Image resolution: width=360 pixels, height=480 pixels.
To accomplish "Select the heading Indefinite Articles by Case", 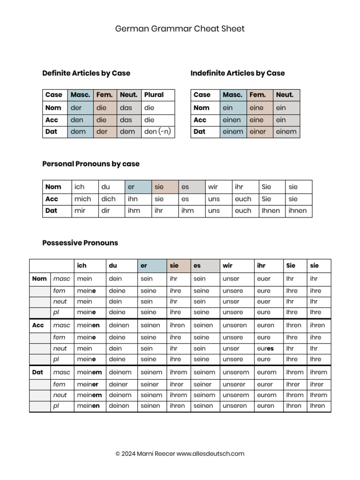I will click(x=237, y=73).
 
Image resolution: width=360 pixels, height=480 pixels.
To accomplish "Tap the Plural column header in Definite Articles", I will click(x=154, y=95).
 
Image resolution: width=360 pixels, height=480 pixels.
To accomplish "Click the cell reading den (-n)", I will click(x=157, y=132).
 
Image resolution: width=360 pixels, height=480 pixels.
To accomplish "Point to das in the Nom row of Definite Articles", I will click(x=126, y=108).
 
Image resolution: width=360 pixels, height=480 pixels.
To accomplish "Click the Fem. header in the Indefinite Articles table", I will click(x=257, y=95).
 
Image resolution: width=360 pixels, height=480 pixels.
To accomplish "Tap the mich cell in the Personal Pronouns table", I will click(x=82, y=199).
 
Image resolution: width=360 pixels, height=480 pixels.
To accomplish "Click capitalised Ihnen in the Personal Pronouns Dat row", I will click(x=270, y=211).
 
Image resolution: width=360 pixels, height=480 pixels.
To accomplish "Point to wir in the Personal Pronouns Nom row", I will click(x=213, y=187).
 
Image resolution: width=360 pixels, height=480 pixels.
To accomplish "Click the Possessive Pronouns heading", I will click(x=80, y=243).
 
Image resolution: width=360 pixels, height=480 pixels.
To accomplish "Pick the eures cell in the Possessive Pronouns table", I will click(x=265, y=349).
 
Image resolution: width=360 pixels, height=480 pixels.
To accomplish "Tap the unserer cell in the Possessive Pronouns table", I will click(x=234, y=384).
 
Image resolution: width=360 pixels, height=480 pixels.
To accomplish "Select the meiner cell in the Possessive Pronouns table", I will click(x=88, y=384).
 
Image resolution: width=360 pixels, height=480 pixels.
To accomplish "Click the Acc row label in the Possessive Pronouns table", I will click(x=38, y=325).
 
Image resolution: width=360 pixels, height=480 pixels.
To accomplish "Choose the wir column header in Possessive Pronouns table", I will click(x=227, y=266).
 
